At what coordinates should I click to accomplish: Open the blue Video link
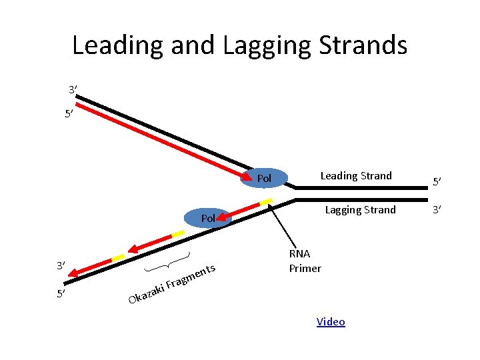tap(331, 322)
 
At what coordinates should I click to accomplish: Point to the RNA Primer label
tap(305, 261)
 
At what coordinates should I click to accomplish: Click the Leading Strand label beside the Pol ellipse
tap(356, 176)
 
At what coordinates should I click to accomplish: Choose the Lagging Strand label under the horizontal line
tap(360, 210)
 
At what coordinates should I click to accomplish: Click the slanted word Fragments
tap(190, 278)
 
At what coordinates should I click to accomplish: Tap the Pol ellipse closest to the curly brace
tap(207, 218)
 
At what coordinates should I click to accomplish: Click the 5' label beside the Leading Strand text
tap(437, 181)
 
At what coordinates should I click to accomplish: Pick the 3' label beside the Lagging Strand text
tap(437, 211)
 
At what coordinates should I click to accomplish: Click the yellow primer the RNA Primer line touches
tap(266, 201)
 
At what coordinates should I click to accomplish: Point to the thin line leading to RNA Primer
tap(279, 227)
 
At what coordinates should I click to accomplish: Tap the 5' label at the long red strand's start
tap(69, 114)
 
